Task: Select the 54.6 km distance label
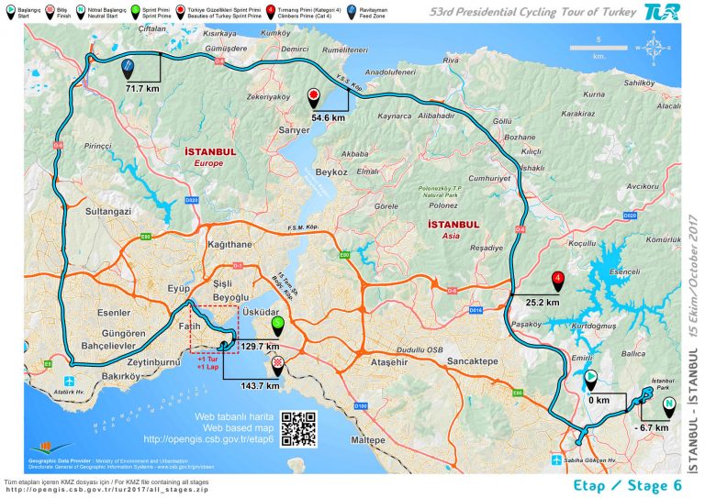click(x=329, y=117)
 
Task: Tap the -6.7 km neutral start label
click(x=651, y=426)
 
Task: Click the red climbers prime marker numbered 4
click(x=557, y=279)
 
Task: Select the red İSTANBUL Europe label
click(x=210, y=156)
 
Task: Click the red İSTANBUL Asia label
click(x=453, y=228)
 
